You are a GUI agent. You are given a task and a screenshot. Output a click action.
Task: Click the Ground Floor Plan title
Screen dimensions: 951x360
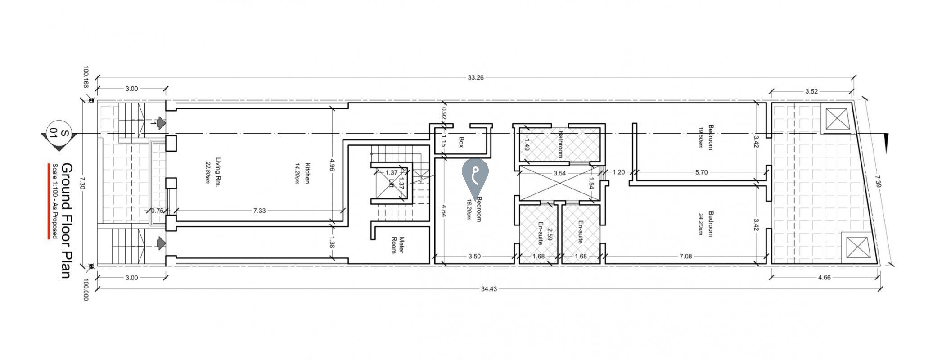point(66,221)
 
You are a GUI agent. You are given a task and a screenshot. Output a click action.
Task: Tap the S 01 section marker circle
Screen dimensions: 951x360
point(59,134)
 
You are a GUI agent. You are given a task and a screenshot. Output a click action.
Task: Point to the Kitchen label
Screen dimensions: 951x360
point(308,173)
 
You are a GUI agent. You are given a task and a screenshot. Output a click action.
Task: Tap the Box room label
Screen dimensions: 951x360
point(461,142)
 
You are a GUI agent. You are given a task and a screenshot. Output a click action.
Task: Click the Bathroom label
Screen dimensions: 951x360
point(561,144)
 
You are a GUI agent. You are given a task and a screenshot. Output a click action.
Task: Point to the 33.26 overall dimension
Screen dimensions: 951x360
point(475,77)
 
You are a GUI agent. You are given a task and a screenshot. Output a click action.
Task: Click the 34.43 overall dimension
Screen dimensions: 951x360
point(489,289)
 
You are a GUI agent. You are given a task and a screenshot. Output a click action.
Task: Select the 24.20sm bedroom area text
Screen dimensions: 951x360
point(700,224)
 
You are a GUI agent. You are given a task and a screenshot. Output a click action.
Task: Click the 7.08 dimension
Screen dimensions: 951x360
point(685,256)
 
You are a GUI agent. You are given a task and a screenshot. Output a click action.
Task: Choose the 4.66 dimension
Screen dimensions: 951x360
point(824,277)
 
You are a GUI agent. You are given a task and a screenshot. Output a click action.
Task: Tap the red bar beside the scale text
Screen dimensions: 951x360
point(49,201)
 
